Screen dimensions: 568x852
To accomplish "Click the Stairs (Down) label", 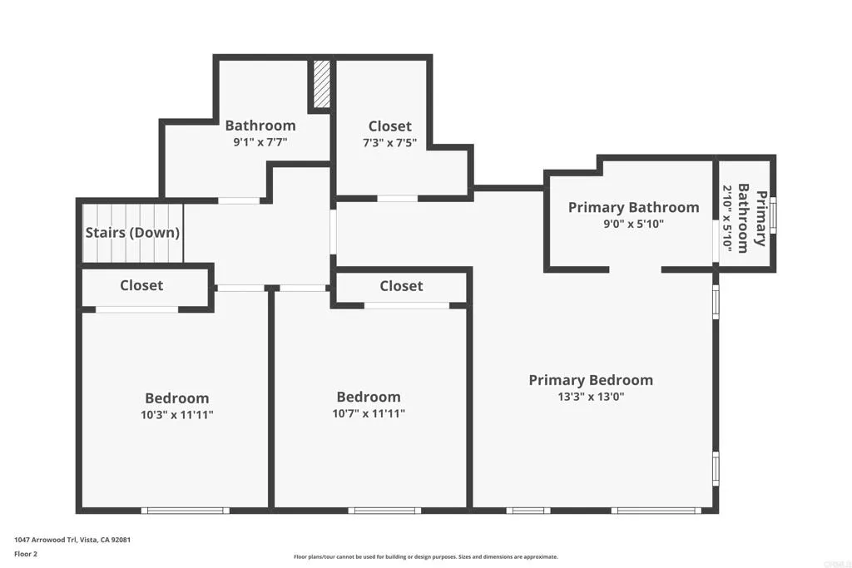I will click(x=133, y=233).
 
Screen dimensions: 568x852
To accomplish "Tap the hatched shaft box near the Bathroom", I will click(x=322, y=83).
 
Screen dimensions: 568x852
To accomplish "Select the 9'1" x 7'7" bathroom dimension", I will click(x=260, y=142).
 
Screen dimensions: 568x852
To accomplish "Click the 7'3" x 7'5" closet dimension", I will click(x=389, y=143).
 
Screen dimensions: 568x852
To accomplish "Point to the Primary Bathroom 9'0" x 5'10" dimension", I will click(x=633, y=224).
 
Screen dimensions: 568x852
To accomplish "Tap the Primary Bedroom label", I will click(x=591, y=380).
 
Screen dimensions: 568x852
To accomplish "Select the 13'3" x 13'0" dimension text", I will click(x=591, y=397).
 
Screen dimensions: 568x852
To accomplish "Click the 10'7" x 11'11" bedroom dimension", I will click(x=368, y=413).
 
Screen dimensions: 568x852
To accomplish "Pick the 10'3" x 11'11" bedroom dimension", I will click(x=177, y=414).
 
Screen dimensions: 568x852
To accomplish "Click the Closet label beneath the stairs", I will click(x=141, y=285).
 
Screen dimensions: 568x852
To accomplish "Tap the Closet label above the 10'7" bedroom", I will click(x=401, y=286).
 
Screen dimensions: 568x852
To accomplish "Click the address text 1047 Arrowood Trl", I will click(x=72, y=540).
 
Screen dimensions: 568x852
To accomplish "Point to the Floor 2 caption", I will click(x=26, y=553).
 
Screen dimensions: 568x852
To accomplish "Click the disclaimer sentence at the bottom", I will click(x=425, y=557).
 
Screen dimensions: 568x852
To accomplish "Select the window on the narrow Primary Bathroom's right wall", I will click(x=774, y=215).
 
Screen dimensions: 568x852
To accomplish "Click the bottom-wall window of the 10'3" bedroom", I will click(x=185, y=510).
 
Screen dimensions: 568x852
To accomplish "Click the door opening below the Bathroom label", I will click(x=239, y=200).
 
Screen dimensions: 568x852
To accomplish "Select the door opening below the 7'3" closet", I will click(x=398, y=199).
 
